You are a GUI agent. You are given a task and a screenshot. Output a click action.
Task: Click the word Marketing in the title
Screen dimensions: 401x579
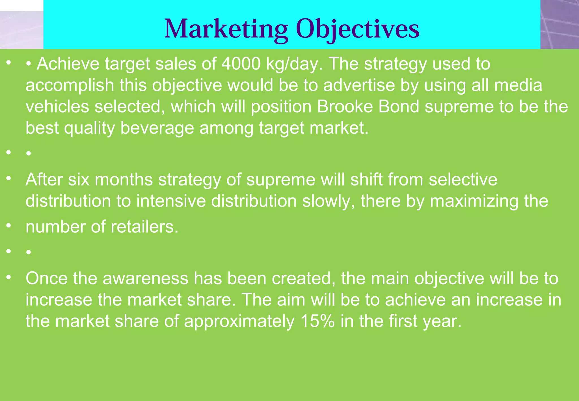[226, 29]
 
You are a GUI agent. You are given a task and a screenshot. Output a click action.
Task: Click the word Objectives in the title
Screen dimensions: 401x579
[358, 29]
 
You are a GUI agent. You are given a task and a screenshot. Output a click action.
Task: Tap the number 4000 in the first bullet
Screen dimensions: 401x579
[241, 64]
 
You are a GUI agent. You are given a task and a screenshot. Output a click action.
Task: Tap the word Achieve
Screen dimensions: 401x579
[68, 64]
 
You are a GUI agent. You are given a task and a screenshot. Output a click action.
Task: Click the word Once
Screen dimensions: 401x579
[47, 278]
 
